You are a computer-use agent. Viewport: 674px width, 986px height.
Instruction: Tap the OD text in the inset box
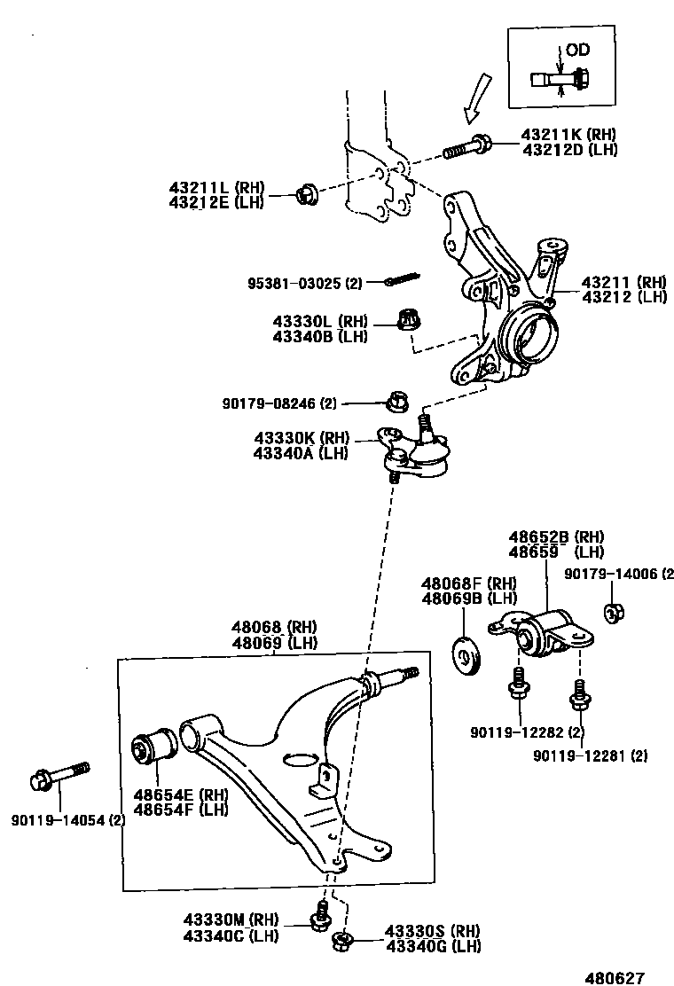pos(577,50)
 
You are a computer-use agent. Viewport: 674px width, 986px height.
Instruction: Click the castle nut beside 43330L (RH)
pos(407,319)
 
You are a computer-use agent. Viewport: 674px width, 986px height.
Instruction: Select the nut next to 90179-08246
pos(396,403)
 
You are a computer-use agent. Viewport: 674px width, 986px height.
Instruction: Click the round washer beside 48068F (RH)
pos(466,653)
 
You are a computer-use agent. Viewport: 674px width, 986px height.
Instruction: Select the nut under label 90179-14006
pos(613,612)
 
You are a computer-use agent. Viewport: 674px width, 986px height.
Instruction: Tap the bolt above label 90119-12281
pos(579,693)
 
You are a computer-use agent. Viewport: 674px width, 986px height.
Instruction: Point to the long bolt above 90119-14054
pos(59,774)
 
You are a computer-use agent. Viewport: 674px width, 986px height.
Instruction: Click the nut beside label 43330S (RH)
pos(341,941)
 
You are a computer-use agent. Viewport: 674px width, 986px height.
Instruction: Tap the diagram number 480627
pos(613,975)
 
